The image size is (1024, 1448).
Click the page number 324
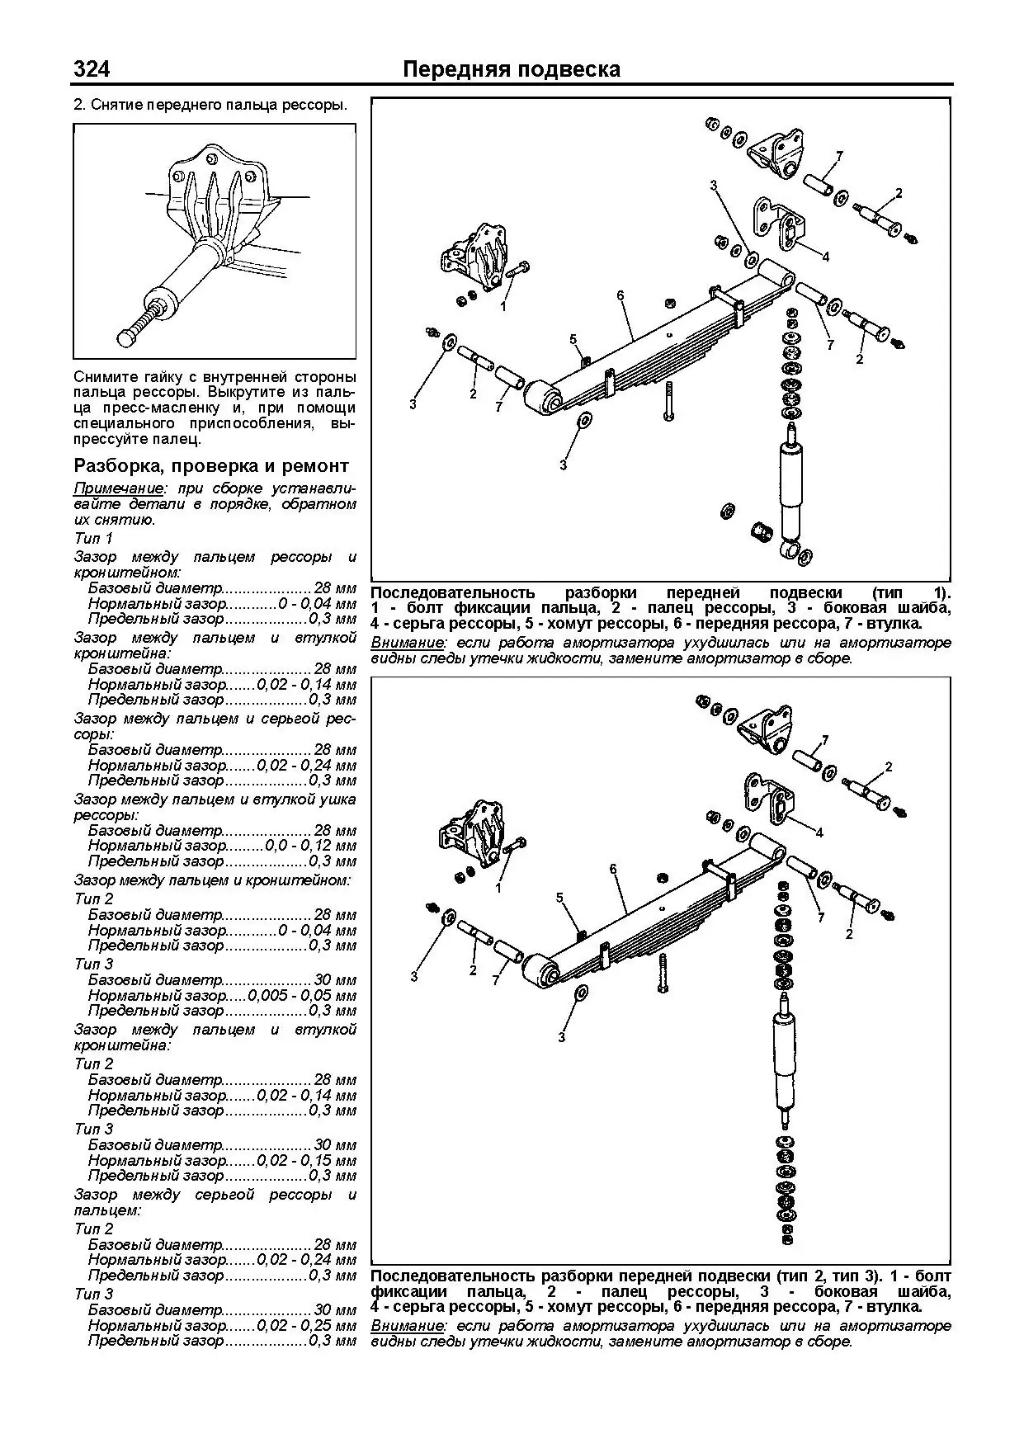pos(92,69)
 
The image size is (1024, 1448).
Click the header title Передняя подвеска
pos(511,69)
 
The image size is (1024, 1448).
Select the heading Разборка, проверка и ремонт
pos(211,465)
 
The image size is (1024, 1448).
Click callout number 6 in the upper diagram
pos(620,295)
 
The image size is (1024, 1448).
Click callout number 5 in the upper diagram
pos(573,339)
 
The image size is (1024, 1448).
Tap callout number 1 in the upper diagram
pos(503,306)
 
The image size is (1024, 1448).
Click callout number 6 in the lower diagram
pos(613,868)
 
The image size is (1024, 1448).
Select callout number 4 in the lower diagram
pos(819,832)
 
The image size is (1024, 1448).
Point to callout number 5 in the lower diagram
pos(559,897)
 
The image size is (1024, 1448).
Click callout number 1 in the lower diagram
pos(498,889)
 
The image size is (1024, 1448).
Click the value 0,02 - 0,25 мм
pos(306,1326)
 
